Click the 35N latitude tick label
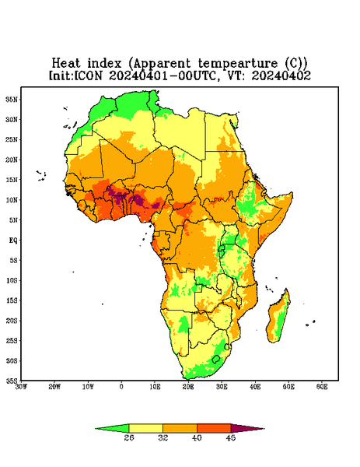coord(12,99)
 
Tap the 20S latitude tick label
coord(12,321)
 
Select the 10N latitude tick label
coord(12,200)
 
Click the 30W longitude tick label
coord(21,387)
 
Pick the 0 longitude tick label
coord(121,387)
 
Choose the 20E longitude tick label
coord(188,387)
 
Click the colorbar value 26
coord(129,437)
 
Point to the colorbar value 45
coord(231,437)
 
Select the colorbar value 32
coord(163,437)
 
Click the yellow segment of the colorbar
coord(145,428)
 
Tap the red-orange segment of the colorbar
coord(214,428)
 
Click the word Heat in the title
coord(66,64)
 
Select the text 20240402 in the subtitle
coord(281,75)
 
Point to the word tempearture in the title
coord(237,64)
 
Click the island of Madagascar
coord(278,318)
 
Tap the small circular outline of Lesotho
coord(216,359)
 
